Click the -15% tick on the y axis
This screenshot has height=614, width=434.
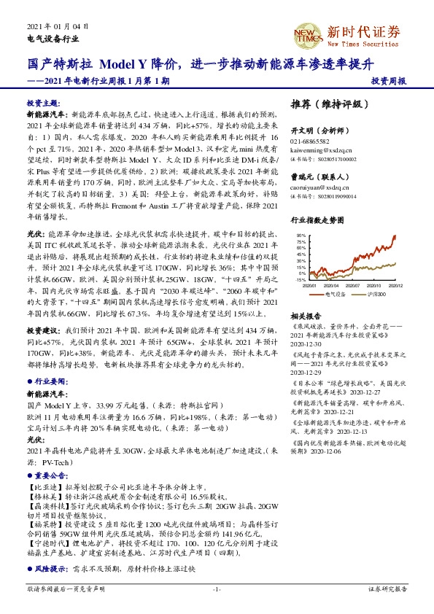click(x=300, y=279)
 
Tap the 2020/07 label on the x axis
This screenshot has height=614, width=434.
click(x=355, y=285)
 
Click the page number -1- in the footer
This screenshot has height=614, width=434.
click(x=217, y=588)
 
